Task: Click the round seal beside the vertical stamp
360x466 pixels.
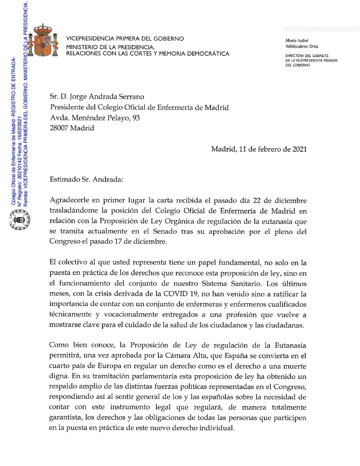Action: click(x=18, y=220)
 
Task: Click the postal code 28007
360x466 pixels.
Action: click(x=59, y=128)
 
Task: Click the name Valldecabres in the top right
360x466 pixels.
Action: click(x=299, y=47)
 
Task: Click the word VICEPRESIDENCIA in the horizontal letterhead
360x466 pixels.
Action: click(x=90, y=39)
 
